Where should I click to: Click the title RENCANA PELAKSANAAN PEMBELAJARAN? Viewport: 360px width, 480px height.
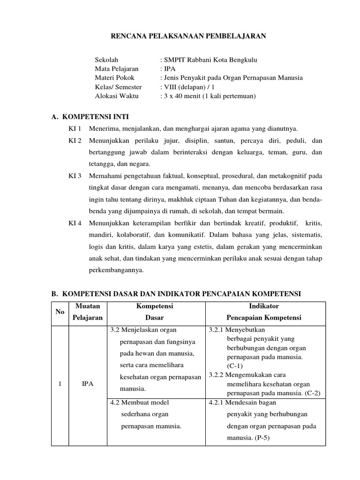coord(188,36)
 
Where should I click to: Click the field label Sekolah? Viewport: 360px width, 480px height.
coord(106,60)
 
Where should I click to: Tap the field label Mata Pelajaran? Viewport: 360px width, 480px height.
coord(117,69)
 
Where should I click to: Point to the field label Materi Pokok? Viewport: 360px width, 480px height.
coord(114,78)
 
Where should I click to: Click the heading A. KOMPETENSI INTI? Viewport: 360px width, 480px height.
coord(90,117)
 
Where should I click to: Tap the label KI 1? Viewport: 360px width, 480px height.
coord(75,128)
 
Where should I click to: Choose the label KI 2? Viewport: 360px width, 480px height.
coord(75,141)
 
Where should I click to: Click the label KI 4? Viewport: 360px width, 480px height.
coord(75,223)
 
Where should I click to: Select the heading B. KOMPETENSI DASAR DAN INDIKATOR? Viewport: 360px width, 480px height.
coord(176,294)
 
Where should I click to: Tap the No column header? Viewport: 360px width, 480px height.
coord(60,312)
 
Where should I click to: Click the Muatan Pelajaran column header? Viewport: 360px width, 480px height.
coord(88,312)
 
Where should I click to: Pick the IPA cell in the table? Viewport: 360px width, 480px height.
coord(88,384)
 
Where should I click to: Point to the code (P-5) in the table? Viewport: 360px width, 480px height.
coord(247,438)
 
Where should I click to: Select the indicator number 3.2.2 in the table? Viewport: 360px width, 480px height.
coord(217,375)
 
